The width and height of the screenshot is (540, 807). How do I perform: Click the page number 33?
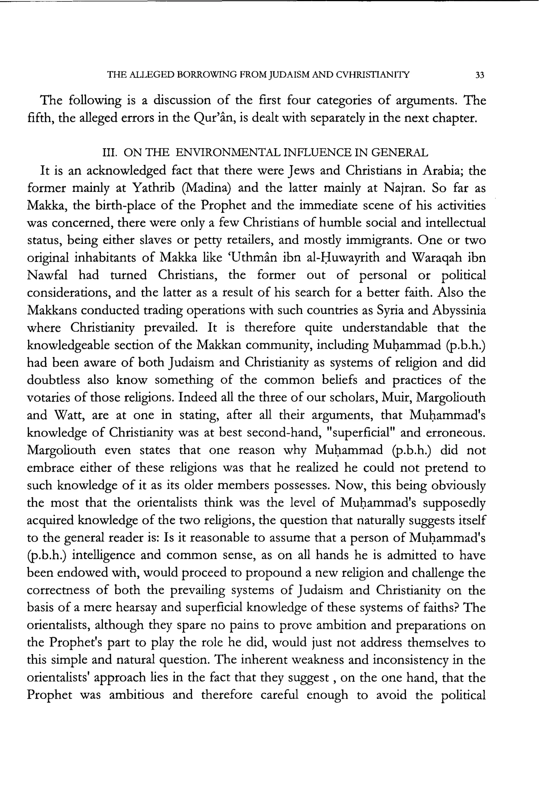(x=479, y=75)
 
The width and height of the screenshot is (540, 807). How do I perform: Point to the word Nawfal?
(x=47, y=275)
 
